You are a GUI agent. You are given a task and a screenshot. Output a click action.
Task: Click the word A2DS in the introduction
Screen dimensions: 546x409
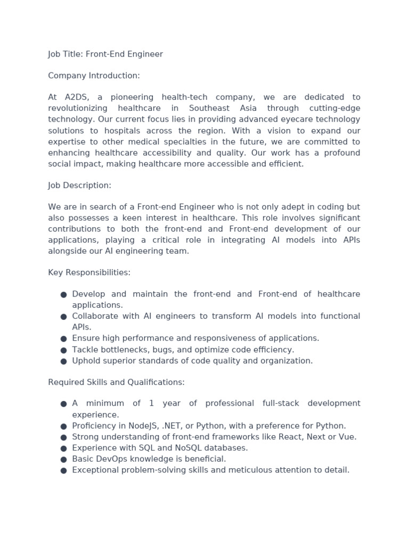point(78,97)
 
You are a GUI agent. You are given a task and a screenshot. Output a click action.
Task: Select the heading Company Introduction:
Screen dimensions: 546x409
point(94,76)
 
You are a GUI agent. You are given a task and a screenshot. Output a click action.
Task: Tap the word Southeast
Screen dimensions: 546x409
point(208,108)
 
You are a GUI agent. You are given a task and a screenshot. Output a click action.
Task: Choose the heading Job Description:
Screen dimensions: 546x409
point(79,186)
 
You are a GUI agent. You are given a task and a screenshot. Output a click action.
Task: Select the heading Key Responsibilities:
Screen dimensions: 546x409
point(89,272)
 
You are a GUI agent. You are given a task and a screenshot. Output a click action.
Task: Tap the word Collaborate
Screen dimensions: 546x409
point(94,316)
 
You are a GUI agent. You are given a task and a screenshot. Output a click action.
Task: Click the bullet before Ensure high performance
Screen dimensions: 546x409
point(63,339)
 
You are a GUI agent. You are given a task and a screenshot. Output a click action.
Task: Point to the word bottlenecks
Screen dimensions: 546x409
point(124,350)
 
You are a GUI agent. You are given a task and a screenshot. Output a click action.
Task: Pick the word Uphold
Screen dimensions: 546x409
point(85,361)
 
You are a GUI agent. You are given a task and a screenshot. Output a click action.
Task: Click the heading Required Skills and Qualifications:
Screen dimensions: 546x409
point(116,382)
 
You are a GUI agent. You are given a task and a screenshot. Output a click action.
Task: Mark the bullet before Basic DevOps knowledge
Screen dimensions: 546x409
point(63,459)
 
